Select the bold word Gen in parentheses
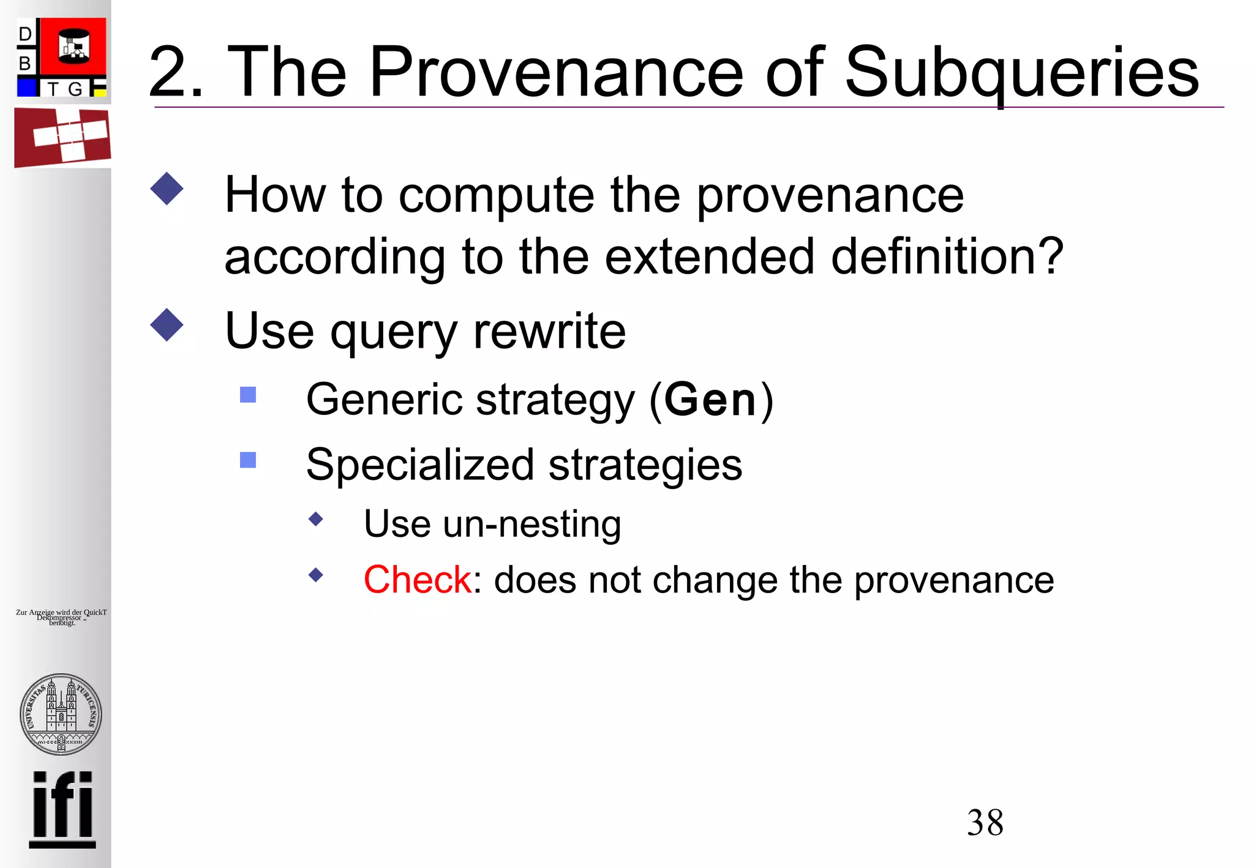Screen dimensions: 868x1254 (710, 400)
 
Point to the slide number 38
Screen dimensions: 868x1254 (985, 822)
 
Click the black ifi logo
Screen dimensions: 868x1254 (62, 809)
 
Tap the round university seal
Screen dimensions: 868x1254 (61, 714)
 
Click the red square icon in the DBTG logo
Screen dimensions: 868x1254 (73, 47)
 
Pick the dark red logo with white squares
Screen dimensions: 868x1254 (62, 137)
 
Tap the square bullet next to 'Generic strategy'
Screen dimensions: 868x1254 (248, 395)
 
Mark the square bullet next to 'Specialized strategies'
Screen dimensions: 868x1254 (248, 460)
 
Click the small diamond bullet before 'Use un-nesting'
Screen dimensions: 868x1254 (316, 519)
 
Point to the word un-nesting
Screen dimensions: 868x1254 (531, 524)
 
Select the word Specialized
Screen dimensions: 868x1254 (419, 465)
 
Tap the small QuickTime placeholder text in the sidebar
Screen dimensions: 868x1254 (61, 617)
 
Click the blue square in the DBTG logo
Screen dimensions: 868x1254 (27, 88)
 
